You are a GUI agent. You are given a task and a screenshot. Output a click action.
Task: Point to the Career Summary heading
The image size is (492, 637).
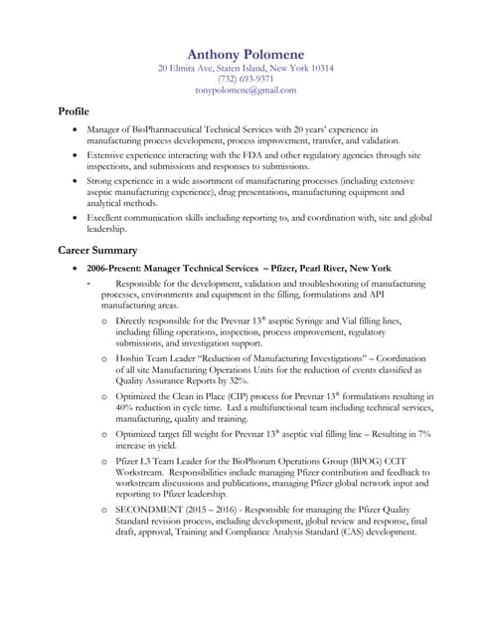97,250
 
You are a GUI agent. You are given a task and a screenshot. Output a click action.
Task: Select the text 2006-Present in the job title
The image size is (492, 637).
116,269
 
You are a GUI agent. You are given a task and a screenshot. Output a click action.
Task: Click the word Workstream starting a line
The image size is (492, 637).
142,474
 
